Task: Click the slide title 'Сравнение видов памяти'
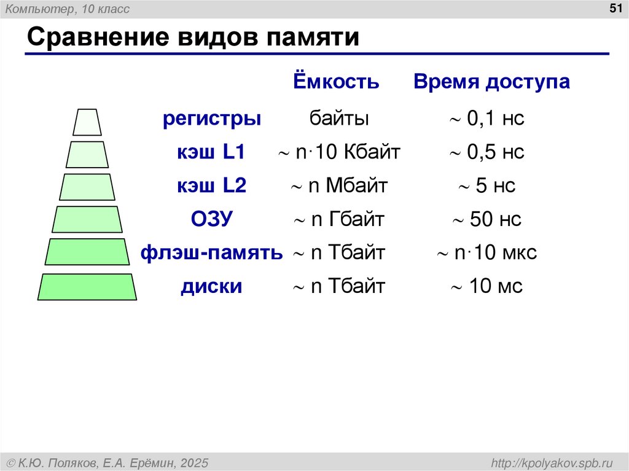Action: [x=192, y=37]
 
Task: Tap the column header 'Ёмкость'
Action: [x=335, y=82]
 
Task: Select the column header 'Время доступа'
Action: [x=491, y=82]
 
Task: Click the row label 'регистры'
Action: [x=212, y=119]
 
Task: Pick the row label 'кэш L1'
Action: [x=212, y=152]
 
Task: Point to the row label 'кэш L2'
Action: [x=212, y=186]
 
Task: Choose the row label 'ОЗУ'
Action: [x=212, y=219]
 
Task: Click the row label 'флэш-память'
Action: [x=212, y=252]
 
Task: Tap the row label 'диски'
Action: [x=212, y=286]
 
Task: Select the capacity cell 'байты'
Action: [x=339, y=119]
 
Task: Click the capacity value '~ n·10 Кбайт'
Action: [x=339, y=152]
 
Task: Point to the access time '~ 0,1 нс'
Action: [x=486, y=119]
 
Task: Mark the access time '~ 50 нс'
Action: [x=486, y=219]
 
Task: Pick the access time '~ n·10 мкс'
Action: [x=486, y=252]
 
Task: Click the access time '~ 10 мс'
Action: [x=486, y=286]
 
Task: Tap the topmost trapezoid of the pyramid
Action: [x=87, y=122]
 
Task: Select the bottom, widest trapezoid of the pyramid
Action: [x=87, y=287]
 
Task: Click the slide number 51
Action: [x=615, y=8]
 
